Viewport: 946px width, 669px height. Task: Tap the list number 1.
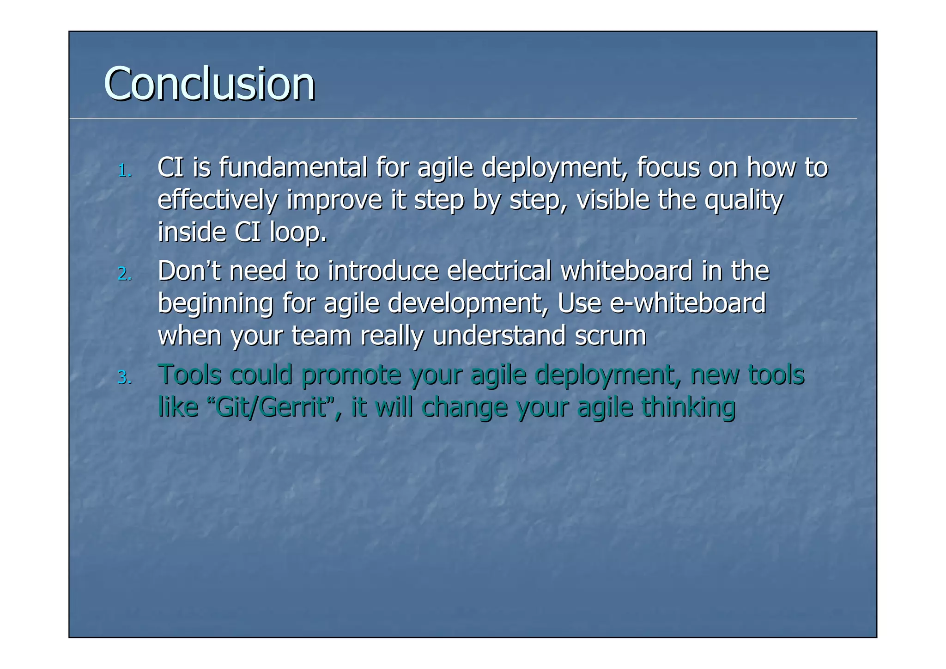[x=124, y=172]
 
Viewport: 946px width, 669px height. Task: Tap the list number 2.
[x=124, y=275]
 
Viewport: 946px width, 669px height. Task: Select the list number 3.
[x=124, y=378]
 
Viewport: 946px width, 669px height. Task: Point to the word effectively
[x=218, y=200]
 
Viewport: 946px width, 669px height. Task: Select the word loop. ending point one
[x=298, y=232]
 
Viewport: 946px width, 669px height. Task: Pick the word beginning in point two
[x=215, y=304]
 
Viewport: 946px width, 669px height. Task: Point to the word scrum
[x=610, y=336]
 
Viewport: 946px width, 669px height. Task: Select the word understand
[x=499, y=336]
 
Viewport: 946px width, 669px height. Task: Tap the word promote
[x=351, y=374]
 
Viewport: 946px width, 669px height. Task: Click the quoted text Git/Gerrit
[x=272, y=407]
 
